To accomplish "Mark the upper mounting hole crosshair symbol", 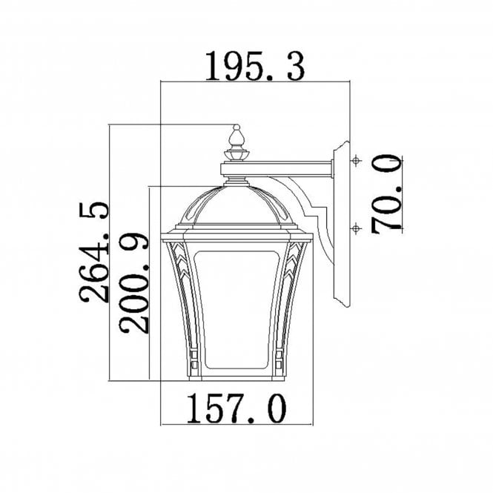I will [x=356, y=161].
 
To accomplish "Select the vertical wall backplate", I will [x=342, y=222].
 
